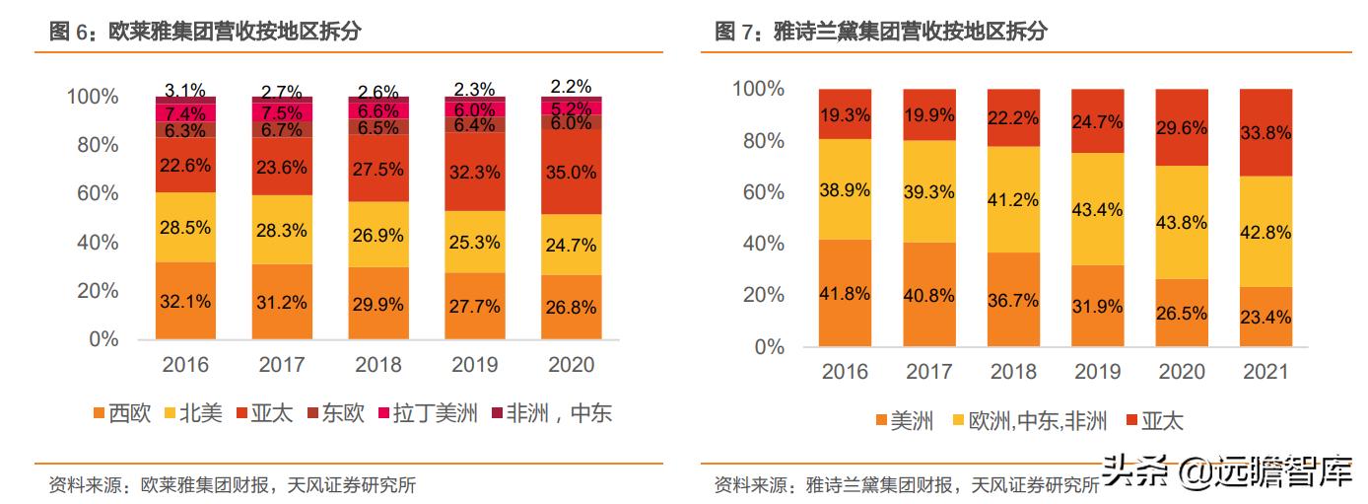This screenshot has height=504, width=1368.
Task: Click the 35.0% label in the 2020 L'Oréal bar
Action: pyautogui.click(x=572, y=172)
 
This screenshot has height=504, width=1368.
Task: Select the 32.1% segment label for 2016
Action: pyautogui.click(x=185, y=302)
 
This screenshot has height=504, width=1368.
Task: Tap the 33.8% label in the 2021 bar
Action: pyautogui.click(x=1265, y=132)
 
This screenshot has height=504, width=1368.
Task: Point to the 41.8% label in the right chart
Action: pyautogui.click(x=845, y=292)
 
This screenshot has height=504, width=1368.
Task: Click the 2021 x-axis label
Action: pyautogui.click(x=1265, y=372)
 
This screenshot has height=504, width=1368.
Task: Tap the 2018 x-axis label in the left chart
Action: pyautogui.click(x=378, y=364)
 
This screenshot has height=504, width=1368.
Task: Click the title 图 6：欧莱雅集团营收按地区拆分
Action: pyautogui.click(x=206, y=32)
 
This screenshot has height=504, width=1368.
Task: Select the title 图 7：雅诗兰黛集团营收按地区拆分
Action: pyautogui.click(x=881, y=32)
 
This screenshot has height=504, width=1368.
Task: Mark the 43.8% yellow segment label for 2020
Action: pyautogui.click(x=1181, y=222)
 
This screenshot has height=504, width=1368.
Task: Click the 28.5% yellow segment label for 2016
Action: pyautogui.click(x=185, y=228)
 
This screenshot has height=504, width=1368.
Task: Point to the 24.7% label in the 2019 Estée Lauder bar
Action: pyautogui.click(x=1097, y=122)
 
